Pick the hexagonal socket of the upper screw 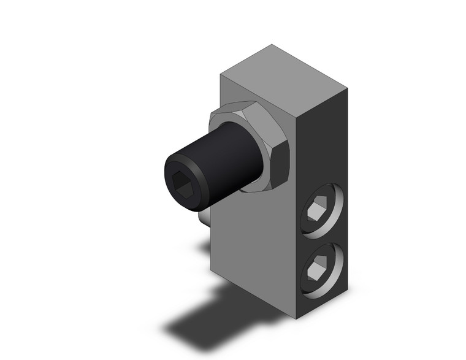click(316, 210)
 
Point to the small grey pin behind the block click(204, 217)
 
